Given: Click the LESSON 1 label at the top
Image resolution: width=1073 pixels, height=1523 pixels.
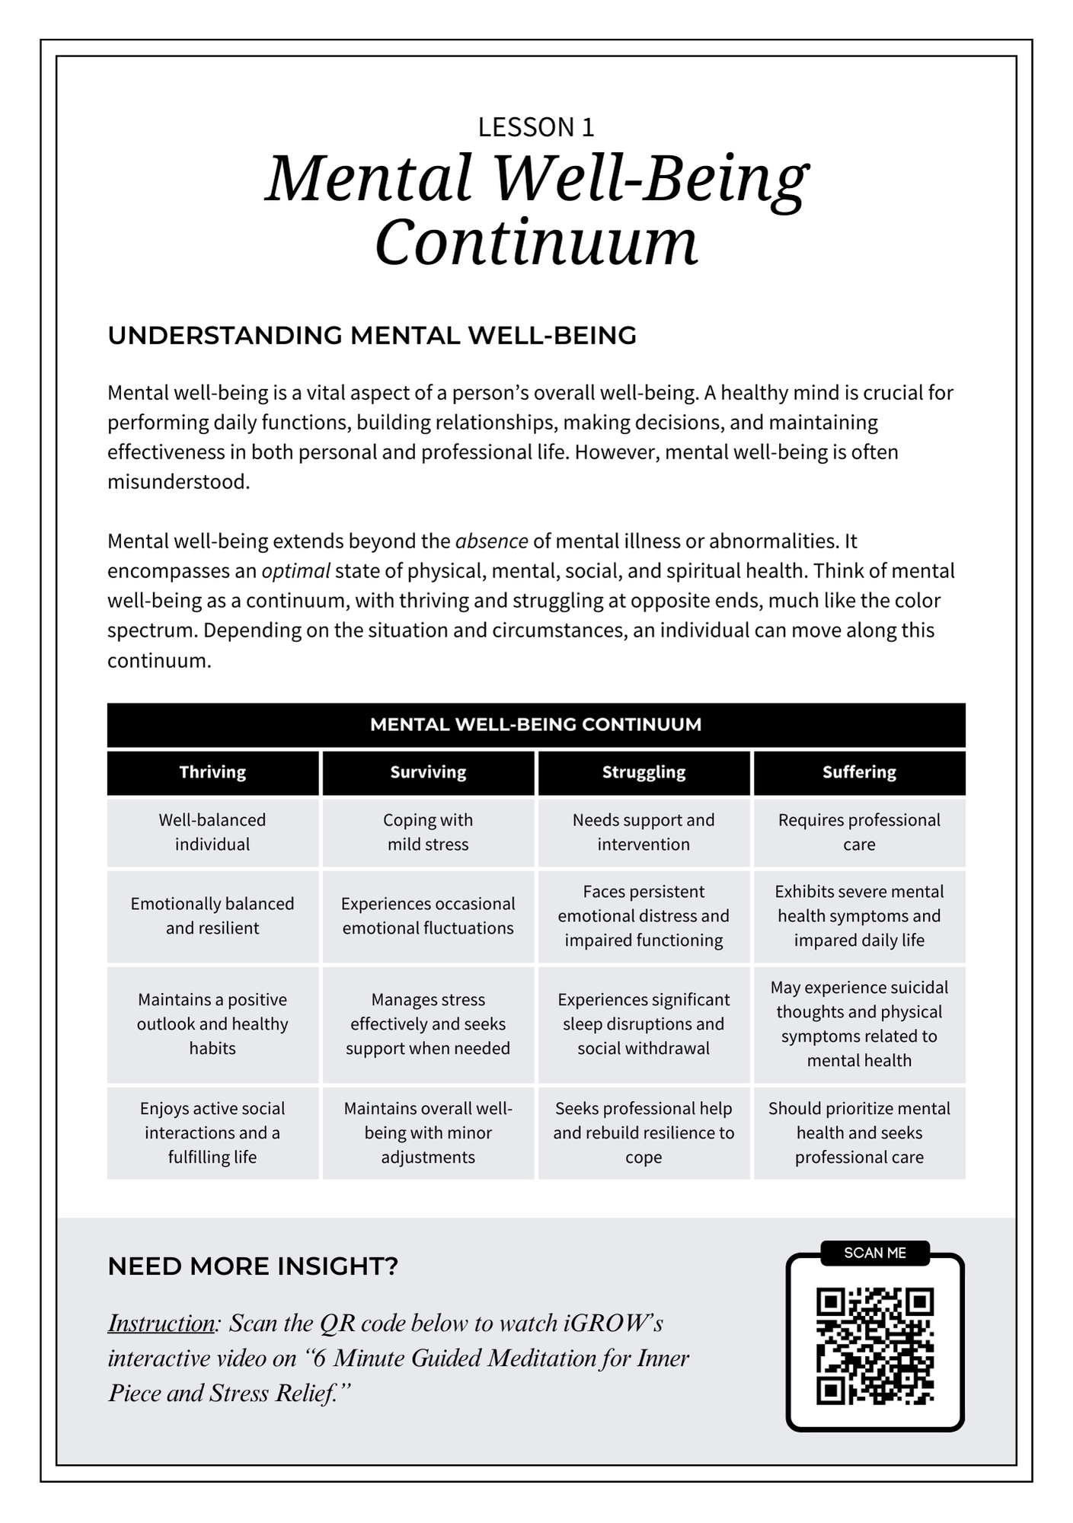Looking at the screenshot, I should click(535, 127).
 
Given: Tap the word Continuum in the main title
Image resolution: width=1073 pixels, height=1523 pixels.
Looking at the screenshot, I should click(536, 242).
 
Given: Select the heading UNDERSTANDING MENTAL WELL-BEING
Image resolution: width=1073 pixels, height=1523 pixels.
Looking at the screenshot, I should click(372, 336).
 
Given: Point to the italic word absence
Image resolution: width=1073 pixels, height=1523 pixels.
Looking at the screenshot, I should click(491, 541).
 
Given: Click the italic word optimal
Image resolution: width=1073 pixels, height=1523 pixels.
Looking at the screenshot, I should click(295, 571).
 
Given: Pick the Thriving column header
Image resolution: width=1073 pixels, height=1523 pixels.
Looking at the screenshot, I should click(212, 772).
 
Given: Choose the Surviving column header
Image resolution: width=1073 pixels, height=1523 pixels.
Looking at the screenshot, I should click(428, 772).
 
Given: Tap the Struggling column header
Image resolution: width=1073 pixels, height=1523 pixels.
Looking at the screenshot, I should click(643, 772).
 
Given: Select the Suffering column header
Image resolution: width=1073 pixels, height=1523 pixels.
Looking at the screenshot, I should click(859, 772).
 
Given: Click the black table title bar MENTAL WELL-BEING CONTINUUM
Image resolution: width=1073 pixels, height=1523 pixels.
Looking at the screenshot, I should click(536, 724).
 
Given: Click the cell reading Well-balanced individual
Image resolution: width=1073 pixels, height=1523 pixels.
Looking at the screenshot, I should click(212, 832).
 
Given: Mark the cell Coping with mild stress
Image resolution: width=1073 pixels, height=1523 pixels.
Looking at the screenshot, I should click(428, 832).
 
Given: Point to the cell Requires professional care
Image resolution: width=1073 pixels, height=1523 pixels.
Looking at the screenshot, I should click(859, 832).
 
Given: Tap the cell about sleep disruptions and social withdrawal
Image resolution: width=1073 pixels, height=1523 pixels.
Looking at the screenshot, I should click(643, 1024).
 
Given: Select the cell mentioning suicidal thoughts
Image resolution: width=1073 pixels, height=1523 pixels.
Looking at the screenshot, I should click(859, 1024).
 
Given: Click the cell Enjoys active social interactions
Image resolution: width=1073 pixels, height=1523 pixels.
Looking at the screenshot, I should click(212, 1133).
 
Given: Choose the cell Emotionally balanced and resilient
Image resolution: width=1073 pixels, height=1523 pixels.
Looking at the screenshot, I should click(212, 916).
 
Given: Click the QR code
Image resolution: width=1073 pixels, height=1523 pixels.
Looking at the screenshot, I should click(875, 1346).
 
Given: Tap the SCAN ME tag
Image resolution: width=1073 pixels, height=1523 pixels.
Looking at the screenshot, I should click(875, 1253).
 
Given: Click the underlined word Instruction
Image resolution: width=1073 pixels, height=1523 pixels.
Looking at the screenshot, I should click(161, 1323).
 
